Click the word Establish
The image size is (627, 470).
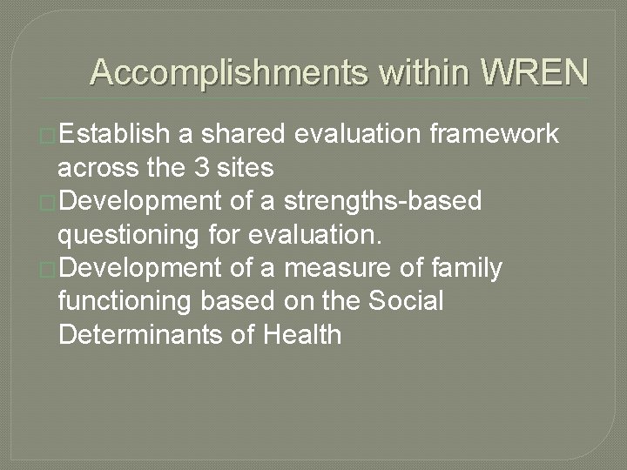(116, 134)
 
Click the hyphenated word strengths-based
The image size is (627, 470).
(407, 201)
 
